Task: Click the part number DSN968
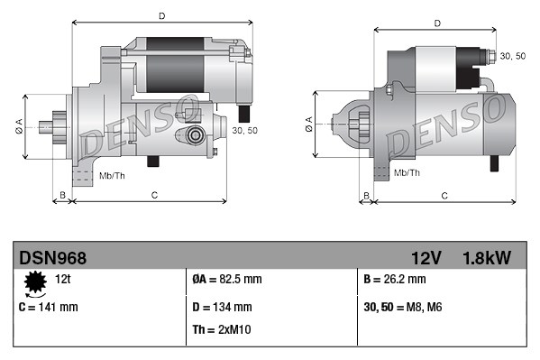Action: point(53,258)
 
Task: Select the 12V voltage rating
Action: point(424,258)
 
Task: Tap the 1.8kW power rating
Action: point(487,258)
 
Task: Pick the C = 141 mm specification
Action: point(49,307)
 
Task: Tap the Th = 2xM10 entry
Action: point(223,329)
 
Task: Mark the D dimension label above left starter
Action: point(161,16)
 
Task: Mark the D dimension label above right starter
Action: point(436,23)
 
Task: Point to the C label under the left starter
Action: point(154,195)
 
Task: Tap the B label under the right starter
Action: point(366,195)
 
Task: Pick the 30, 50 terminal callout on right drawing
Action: point(512,56)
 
